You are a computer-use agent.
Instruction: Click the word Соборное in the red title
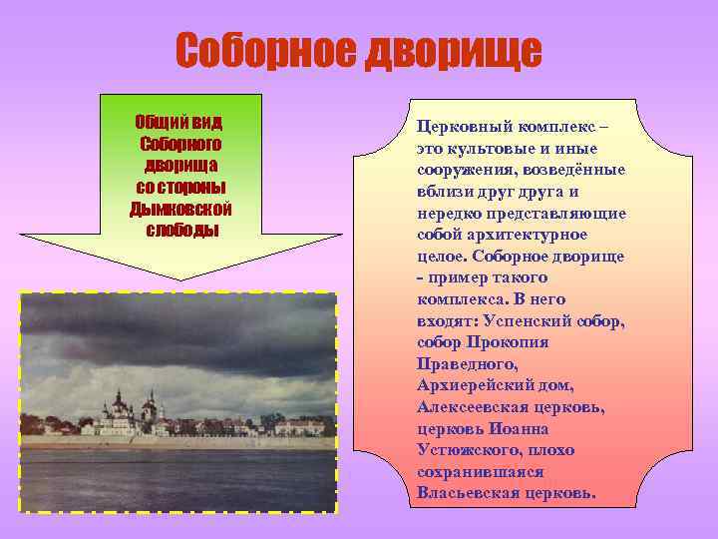pos(264,51)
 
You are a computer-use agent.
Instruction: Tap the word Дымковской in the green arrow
pos(180,209)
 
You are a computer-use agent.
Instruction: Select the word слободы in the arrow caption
pos(180,230)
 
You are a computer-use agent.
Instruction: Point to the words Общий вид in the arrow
pos(180,122)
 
